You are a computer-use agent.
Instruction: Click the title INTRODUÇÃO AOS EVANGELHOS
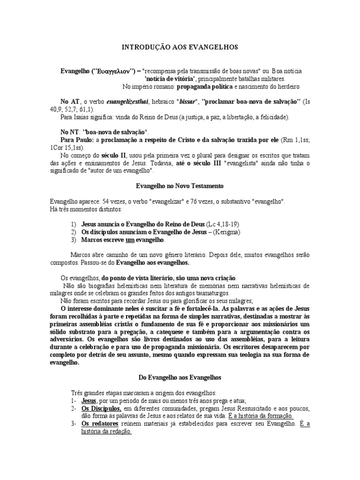click(180, 47)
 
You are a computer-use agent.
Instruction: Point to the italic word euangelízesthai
click(127, 102)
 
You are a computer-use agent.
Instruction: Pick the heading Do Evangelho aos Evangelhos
click(180, 377)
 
